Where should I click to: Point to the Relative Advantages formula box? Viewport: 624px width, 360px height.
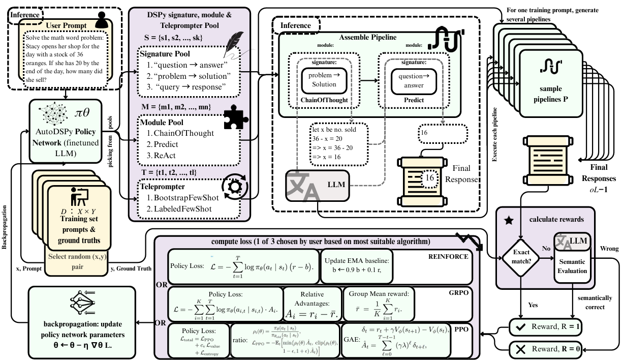tap(312, 304)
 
